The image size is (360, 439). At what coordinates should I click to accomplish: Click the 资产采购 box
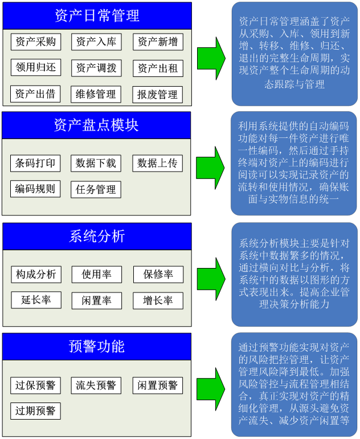tap(36, 42)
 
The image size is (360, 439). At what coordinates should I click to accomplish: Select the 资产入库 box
tap(96, 42)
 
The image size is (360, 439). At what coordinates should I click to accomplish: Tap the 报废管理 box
tap(157, 95)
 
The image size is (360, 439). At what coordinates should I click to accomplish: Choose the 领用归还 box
tap(36, 67)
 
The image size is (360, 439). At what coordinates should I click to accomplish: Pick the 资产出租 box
tap(158, 68)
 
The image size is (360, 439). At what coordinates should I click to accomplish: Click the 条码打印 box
tap(35, 163)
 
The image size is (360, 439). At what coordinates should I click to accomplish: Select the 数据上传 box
tap(157, 163)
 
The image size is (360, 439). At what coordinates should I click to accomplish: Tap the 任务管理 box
tap(96, 189)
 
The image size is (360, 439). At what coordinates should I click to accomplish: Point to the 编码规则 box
tap(35, 189)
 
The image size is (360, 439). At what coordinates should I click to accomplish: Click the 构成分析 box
tap(36, 274)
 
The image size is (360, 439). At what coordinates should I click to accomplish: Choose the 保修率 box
tap(158, 274)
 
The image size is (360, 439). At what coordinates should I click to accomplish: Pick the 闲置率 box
tap(96, 300)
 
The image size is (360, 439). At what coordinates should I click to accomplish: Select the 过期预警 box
tap(35, 411)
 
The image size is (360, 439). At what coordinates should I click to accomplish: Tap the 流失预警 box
tap(96, 385)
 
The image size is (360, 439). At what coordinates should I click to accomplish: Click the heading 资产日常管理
tap(97, 16)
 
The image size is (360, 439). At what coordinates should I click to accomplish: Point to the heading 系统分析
tap(97, 236)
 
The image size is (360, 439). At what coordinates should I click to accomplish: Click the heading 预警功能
tap(97, 346)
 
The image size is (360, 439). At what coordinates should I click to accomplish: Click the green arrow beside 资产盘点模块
tap(210, 168)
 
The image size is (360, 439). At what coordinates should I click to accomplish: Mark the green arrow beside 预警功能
tap(211, 389)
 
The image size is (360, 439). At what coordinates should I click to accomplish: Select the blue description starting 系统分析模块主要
tap(294, 274)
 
